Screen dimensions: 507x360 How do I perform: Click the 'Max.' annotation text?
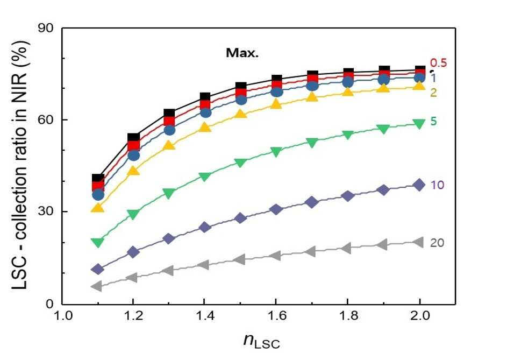pos(242,53)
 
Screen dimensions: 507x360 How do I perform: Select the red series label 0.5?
pos(438,63)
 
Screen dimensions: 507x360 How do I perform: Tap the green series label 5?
pos(433,122)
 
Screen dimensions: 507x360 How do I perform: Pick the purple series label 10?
pos(437,185)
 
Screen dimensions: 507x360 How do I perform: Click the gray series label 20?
pos(437,243)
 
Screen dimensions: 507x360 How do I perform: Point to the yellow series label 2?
pos(433,93)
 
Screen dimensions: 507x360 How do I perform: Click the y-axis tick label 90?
pos(46,29)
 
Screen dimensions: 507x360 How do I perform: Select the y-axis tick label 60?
pos(46,121)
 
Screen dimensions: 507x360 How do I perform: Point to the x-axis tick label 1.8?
pos(348,315)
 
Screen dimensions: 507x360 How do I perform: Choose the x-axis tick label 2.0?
pos(420,315)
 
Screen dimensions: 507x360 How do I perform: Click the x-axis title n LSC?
pos(262,341)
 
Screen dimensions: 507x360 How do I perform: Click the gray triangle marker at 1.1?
pos(97,286)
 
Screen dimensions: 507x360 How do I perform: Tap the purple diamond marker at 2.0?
pos(419,185)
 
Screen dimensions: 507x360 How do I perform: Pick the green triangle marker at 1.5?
pos(240,163)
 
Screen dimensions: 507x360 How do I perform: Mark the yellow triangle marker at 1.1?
pos(97,207)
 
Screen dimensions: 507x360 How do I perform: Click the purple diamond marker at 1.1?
pos(97,269)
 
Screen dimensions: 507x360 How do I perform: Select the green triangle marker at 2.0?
pos(419,124)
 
